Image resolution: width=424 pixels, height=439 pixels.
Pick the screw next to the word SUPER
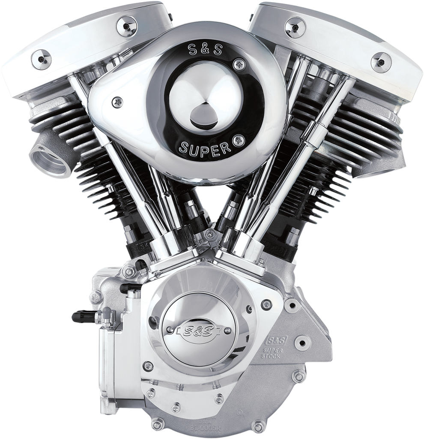pos(239,140)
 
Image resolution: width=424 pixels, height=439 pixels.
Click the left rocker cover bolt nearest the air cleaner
pos(127,26)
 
